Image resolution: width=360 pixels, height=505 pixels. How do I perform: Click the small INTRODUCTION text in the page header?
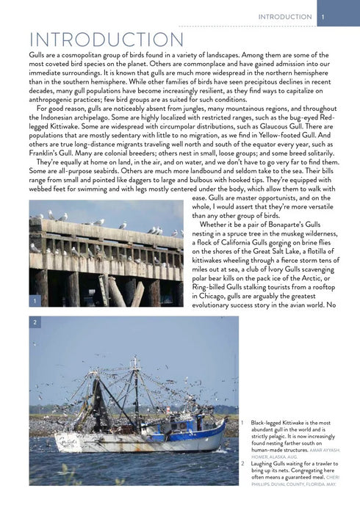click(x=285, y=17)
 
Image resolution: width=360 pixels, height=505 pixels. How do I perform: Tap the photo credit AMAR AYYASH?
click(x=323, y=450)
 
